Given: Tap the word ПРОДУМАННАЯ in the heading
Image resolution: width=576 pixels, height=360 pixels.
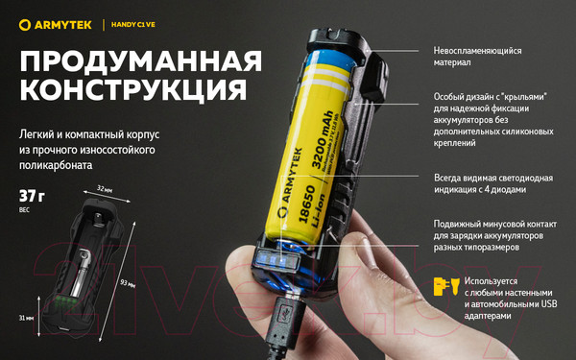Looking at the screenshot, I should point(140,61).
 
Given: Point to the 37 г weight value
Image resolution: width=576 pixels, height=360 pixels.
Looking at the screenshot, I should point(32,196).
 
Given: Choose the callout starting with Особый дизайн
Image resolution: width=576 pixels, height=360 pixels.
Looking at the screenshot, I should point(494,120).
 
